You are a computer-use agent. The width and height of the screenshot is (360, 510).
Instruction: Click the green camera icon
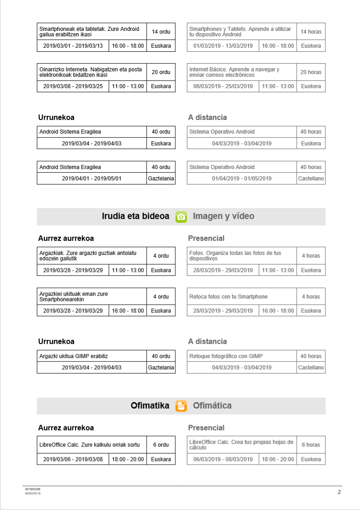(181, 217)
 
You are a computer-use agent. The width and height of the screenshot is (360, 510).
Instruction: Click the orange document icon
(181, 406)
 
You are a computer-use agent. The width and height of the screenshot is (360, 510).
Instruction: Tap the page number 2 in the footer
(339, 492)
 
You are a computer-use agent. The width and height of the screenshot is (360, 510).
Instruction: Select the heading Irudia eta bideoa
(135, 216)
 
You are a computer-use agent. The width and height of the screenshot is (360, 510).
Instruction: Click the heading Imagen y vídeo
(223, 216)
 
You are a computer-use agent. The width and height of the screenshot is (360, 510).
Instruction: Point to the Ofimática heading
(212, 405)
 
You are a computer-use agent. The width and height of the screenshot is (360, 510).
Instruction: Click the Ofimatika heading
(150, 405)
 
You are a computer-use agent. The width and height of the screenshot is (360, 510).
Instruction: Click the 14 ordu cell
(161, 32)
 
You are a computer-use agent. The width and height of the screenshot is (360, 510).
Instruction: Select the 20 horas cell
(311, 72)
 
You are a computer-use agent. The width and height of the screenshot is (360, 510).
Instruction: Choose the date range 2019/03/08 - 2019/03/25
(73, 86)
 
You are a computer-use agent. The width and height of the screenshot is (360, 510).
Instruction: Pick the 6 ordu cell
(161, 445)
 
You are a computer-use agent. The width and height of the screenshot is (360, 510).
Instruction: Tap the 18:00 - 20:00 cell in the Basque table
(128, 460)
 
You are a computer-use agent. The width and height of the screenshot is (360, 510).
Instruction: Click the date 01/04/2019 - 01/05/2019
(242, 179)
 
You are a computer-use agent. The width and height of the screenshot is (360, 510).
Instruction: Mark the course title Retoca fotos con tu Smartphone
(229, 297)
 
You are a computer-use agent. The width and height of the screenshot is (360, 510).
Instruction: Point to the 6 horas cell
(311, 445)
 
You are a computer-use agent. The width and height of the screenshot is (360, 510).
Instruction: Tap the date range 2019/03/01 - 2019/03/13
(73, 46)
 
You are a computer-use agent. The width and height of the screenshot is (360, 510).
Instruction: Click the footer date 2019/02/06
(33, 489)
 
